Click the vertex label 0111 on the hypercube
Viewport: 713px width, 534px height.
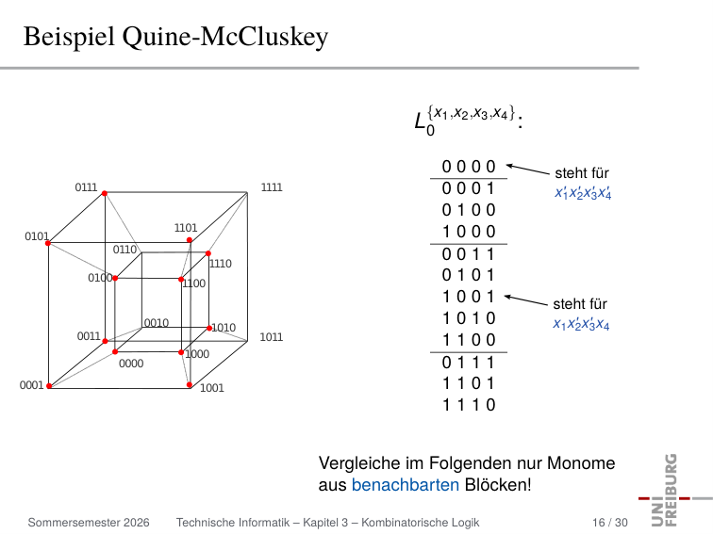pos(86,187)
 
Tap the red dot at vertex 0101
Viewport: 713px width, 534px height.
pos(48,243)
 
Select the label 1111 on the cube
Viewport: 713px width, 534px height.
pos(272,187)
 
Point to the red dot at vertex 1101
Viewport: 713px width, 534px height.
pos(190,240)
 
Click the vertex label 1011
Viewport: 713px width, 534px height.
pos(271,337)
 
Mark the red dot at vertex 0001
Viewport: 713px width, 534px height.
pos(49,386)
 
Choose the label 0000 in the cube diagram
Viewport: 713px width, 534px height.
pos(131,364)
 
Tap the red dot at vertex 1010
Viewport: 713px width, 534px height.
pos(209,328)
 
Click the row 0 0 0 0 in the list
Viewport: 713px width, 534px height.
pos(469,167)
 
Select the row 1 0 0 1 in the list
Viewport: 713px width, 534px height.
pos(469,297)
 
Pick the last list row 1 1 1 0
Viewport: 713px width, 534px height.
pos(469,405)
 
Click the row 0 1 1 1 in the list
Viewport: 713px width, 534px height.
pos(469,363)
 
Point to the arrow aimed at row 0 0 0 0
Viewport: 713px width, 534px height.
pos(528,170)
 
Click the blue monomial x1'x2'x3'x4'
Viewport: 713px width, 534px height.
pos(583,193)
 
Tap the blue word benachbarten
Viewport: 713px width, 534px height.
pos(406,484)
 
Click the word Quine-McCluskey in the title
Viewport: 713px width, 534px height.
pos(225,37)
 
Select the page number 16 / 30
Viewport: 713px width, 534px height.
pos(610,523)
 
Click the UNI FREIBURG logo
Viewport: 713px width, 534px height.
pos(672,490)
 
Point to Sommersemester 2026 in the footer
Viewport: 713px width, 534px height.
pos(89,523)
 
